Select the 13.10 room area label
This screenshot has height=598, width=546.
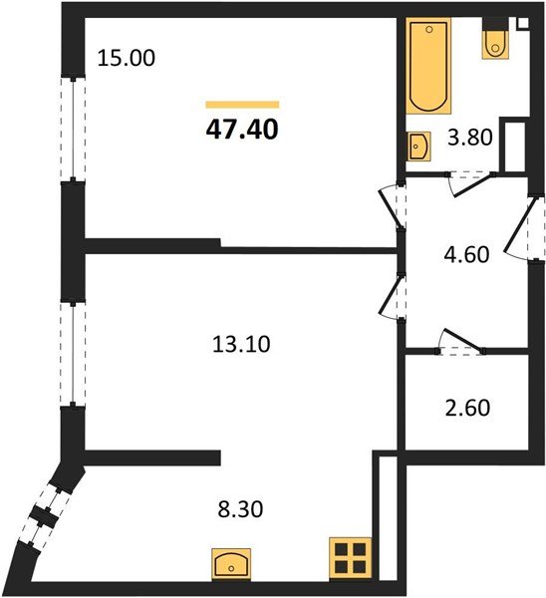242,345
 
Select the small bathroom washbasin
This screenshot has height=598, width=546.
418,147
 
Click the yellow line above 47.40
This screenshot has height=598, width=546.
242,104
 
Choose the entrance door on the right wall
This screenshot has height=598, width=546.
526,230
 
